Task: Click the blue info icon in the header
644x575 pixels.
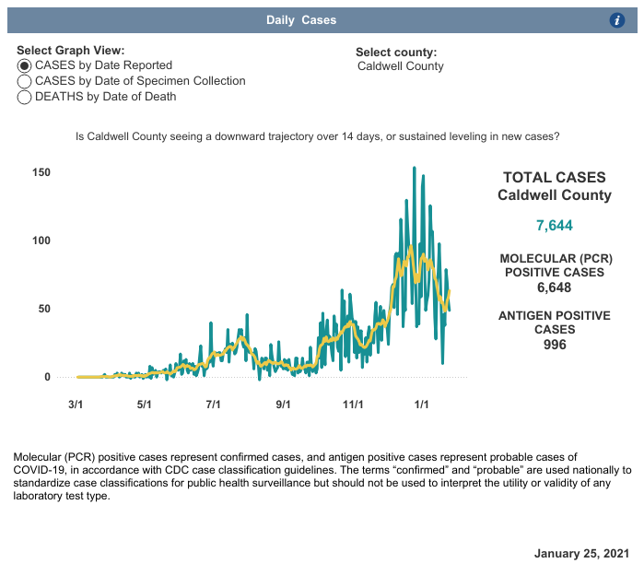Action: click(618, 20)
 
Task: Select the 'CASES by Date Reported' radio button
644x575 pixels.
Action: click(25, 65)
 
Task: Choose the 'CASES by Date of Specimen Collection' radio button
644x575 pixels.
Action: click(25, 81)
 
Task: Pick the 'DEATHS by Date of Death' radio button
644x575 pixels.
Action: click(25, 97)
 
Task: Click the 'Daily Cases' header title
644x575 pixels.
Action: click(301, 20)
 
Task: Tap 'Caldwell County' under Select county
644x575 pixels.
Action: click(401, 66)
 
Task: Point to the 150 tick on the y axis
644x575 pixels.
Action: click(41, 172)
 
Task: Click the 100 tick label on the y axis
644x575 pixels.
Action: click(41, 241)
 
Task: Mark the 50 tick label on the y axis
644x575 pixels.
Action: click(44, 309)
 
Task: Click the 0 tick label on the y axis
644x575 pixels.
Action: click(47, 377)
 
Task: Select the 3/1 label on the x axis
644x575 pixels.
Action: click(76, 404)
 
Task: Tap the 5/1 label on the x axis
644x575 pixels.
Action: click(145, 404)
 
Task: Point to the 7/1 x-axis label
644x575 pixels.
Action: click(214, 404)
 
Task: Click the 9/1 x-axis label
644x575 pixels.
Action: click(284, 404)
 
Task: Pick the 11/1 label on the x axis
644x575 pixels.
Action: click(353, 404)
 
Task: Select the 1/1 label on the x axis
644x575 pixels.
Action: click(422, 404)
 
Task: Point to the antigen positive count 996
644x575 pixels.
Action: click(555, 345)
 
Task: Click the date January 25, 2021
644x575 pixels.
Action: click(581, 553)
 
